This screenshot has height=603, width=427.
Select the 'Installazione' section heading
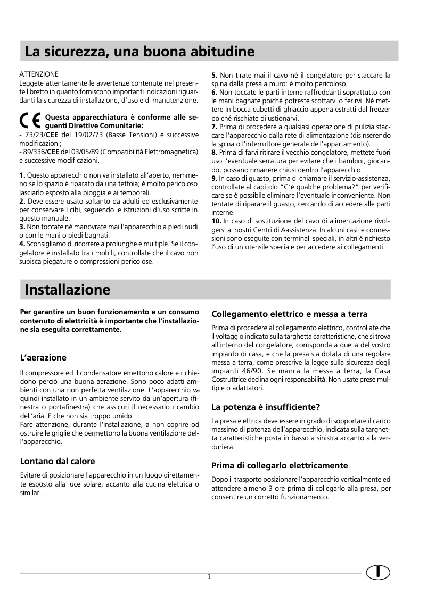pos(68,290)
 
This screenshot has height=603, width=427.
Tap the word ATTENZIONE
pos(38,74)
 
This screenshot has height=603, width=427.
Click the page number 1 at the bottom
pos(209,577)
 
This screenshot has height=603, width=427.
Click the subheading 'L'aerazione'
pos(43,357)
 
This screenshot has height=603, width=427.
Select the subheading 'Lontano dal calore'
pos(58,461)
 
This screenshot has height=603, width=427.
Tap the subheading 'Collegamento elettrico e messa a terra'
pos(290,314)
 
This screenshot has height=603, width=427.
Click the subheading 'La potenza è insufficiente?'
pos(266,408)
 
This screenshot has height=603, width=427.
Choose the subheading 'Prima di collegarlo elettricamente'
pos(280,465)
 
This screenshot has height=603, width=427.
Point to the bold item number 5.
pos(214,75)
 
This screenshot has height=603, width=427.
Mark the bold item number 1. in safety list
pos(22,175)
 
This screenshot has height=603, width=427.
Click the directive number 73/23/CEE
pos(42,135)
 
